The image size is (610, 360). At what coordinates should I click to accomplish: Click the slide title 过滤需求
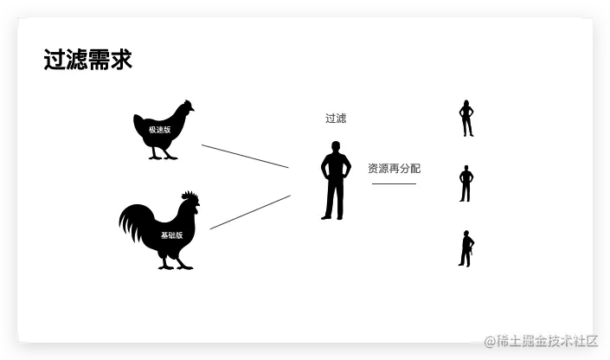[87, 60]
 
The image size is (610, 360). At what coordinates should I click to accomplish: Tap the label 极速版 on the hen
[160, 129]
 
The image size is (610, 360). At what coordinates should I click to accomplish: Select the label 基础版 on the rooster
[171, 235]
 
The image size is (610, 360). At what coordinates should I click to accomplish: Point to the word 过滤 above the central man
[336, 119]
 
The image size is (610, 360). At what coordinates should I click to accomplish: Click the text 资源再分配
[394, 169]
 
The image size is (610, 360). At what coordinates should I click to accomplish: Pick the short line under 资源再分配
[394, 183]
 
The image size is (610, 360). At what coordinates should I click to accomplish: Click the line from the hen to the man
[245, 156]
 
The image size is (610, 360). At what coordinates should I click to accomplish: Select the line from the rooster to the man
[250, 212]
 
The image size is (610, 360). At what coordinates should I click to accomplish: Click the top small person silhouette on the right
[466, 119]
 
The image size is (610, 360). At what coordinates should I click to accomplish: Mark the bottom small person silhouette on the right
[466, 248]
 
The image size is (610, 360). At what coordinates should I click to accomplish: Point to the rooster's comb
[190, 197]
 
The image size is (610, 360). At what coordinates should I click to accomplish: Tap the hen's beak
[193, 109]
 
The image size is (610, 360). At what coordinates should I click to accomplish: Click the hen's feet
[163, 157]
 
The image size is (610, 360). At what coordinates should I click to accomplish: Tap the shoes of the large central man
[333, 216]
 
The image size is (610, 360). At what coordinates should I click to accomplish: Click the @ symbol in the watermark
[490, 341]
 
